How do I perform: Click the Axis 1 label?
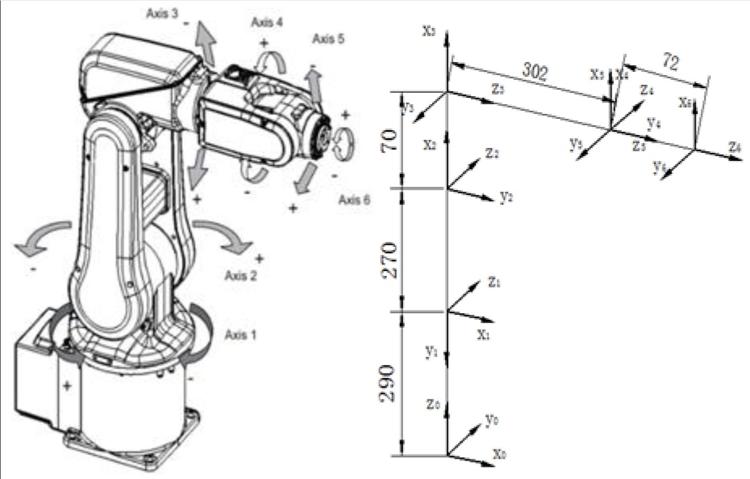pyautogui.click(x=240, y=335)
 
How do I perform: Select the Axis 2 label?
pyautogui.click(x=240, y=276)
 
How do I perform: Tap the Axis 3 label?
pyautogui.click(x=162, y=14)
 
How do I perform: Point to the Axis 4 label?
pyautogui.click(x=267, y=22)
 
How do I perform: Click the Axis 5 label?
pyautogui.click(x=328, y=39)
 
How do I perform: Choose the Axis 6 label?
pyautogui.click(x=354, y=200)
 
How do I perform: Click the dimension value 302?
pyautogui.click(x=534, y=70)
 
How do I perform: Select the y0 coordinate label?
pyautogui.click(x=491, y=420)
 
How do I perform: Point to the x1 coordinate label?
pyautogui.click(x=484, y=335)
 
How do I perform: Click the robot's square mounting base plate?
pyautogui.click(x=135, y=443)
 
